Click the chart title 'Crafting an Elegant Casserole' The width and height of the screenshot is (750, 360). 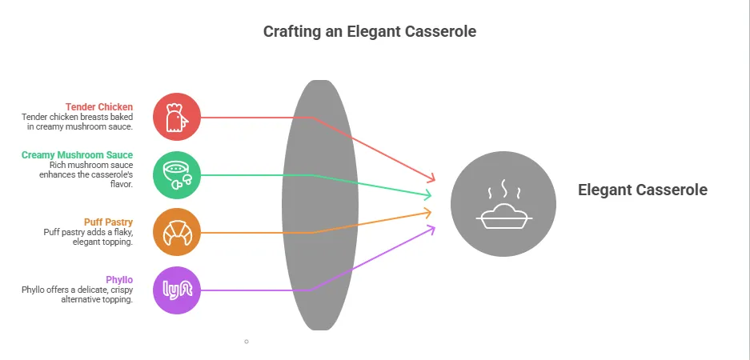[370, 32]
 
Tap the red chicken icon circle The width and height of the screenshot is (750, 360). [177, 118]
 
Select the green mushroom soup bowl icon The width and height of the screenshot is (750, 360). [177, 174]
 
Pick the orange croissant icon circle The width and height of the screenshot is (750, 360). [177, 232]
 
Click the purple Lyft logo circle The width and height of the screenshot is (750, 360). [177, 290]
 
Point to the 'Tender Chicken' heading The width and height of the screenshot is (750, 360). [99, 106]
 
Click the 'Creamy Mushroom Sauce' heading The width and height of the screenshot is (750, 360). [78, 154]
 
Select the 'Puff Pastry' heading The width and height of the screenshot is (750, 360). [108, 222]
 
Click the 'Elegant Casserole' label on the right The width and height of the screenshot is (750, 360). [643, 190]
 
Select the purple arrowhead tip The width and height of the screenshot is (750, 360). [432, 228]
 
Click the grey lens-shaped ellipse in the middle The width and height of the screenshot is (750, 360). [319, 204]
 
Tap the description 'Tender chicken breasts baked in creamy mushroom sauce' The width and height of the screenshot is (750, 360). [77, 122]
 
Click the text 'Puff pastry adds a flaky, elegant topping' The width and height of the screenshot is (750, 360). [88, 237]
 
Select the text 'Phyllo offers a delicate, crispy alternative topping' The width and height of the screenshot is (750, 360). [77, 294]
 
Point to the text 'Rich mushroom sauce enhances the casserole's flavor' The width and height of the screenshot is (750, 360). [86, 174]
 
